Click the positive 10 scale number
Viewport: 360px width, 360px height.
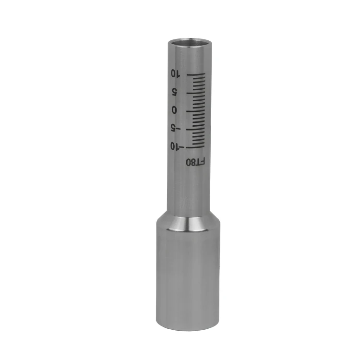[x=175, y=73]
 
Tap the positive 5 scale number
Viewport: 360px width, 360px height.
[x=175, y=92]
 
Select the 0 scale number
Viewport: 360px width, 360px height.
[x=175, y=110]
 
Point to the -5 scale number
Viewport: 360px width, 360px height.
[x=176, y=127]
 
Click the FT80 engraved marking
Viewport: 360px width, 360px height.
[x=195, y=162]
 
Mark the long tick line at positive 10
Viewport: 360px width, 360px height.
[x=196, y=74]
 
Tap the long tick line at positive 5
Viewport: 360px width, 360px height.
[x=196, y=93]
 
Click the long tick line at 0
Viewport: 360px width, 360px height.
[x=195, y=111]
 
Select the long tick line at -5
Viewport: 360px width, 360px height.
[x=195, y=129]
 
